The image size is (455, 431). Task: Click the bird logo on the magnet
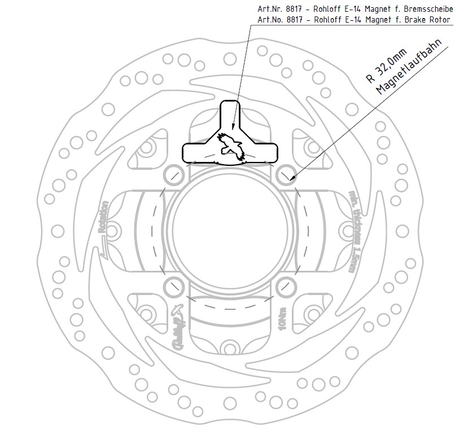230,143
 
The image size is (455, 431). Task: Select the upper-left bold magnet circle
173,174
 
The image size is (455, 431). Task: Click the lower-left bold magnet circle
173,287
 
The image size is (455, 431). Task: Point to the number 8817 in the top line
295,9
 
